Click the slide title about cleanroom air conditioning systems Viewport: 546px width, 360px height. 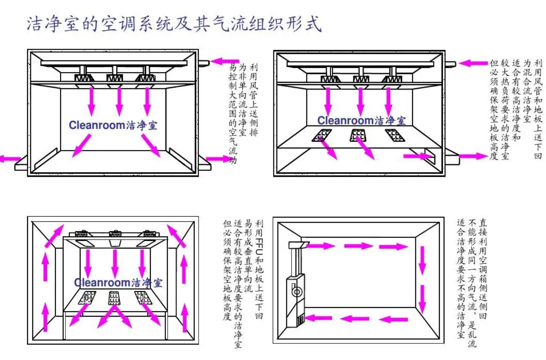(174, 24)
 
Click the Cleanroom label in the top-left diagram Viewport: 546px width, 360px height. (113, 125)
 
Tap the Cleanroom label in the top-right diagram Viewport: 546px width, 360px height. (361, 121)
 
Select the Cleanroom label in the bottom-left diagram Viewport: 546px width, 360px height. (118, 282)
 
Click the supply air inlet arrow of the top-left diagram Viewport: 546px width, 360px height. (224, 61)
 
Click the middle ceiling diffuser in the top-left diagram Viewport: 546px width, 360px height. (115, 78)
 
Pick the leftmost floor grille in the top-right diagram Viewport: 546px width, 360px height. (322, 135)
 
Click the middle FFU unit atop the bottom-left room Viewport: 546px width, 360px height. (115, 234)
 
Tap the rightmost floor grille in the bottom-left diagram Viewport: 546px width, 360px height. (143, 297)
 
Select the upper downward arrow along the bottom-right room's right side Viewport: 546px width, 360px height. (422, 260)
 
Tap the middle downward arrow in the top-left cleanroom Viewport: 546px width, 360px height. (119, 101)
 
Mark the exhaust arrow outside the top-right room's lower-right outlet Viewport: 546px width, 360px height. (473, 156)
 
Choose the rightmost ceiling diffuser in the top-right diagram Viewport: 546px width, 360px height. (392, 79)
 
